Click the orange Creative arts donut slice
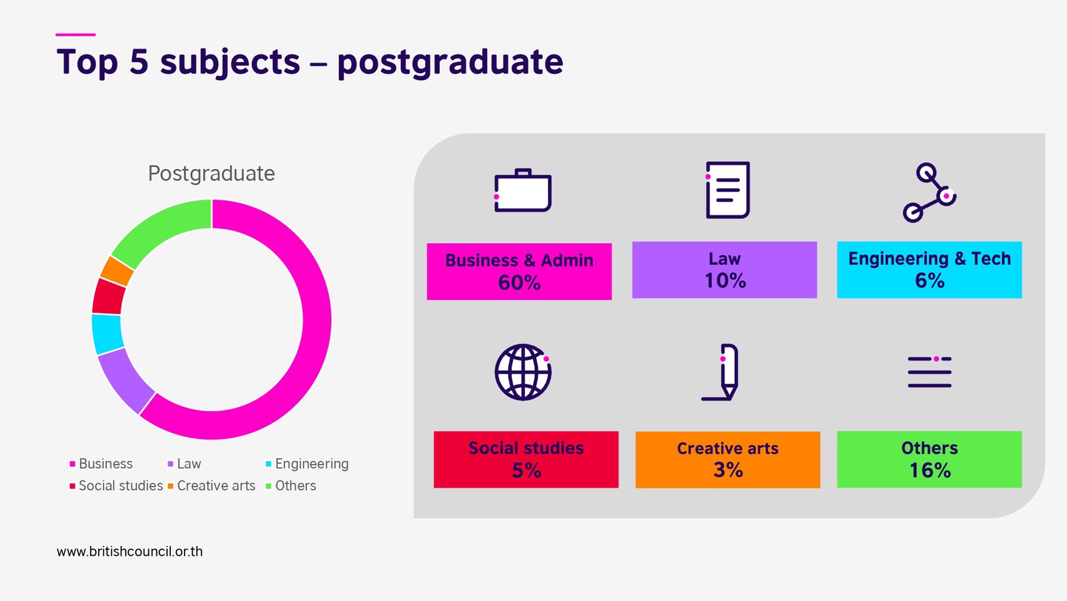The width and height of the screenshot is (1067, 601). tap(117, 271)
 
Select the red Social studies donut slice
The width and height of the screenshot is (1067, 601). tap(109, 296)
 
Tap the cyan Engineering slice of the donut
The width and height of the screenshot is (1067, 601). tap(108, 334)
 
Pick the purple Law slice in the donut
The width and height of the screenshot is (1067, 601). tap(125, 380)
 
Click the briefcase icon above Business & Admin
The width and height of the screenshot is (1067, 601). tap(522, 190)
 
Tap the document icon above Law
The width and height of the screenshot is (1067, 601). tap(727, 190)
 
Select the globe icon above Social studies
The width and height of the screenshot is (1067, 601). tap(522, 372)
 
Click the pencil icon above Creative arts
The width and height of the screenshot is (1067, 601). tap(721, 372)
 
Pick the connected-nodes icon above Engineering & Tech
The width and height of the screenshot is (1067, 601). tap(929, 192)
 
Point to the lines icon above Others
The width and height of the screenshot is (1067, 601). tap(929, 372)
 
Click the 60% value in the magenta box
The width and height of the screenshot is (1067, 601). tap(519, 283)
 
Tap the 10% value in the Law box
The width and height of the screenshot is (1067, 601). tap(725, 280)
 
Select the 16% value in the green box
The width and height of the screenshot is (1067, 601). tap(930, 470)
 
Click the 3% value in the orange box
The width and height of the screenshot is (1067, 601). tap(728, 470)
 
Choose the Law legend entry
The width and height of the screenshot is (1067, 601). tap(185, 464)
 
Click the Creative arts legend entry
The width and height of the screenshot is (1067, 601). tap(211, 486)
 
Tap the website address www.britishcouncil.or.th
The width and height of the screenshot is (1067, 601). tap(129, 552)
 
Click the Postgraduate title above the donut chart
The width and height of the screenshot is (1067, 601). tap(211, 173)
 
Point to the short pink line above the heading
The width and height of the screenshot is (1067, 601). tap(76, 34)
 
